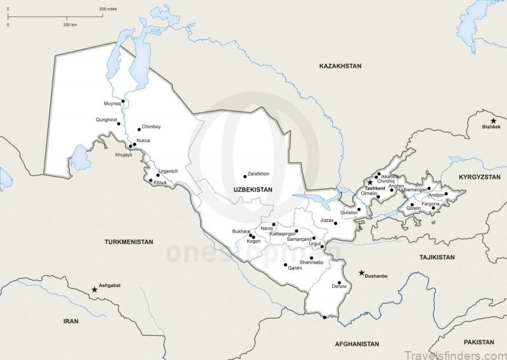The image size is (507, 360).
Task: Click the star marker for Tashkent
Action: [x=370, y=182]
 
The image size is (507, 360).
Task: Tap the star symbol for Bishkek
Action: [x=493, y=120]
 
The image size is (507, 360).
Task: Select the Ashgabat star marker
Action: [x=94, y=289]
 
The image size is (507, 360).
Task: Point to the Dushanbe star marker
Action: [x=361, y=273]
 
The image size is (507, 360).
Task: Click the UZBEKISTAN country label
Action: [x=252, y=190]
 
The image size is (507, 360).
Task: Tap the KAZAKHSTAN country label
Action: [x=340, y=66]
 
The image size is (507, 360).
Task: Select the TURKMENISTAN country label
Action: [x=129, y=242]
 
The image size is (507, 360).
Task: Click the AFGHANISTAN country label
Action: [x=357, y=344]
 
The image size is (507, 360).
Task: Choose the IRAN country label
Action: [x=70, y=321]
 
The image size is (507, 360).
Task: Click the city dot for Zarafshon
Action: [x=245, y=176]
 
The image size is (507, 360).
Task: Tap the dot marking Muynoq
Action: [x=123, y=101]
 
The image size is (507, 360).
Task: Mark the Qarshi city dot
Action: [x=285, y=264]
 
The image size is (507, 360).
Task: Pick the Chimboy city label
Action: [x=151, y=127]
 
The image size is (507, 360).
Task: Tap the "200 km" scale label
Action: [x=70, y=24]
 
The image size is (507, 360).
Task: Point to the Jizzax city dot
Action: [x=336, y=223]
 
